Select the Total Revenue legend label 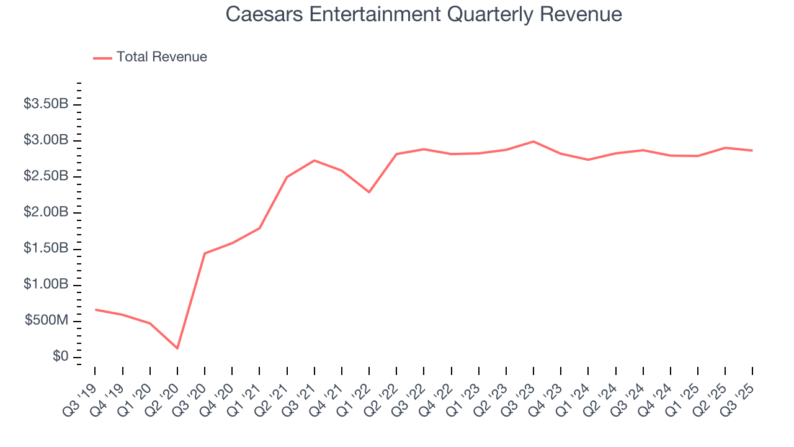coord(161,57)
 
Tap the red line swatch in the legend coord(102,58)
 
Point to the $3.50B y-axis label coord(46,104)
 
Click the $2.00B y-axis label coord(46,212)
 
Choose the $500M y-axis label coord(47,320)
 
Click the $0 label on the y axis coord(60,356)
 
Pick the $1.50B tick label coord(46,248)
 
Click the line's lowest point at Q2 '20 coord(177,348)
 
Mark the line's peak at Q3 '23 coord(533,142)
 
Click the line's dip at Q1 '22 coord(369,192)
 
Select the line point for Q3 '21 coord(314,160)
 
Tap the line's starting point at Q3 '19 coord(95,309)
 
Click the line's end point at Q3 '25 coord(752,150)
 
